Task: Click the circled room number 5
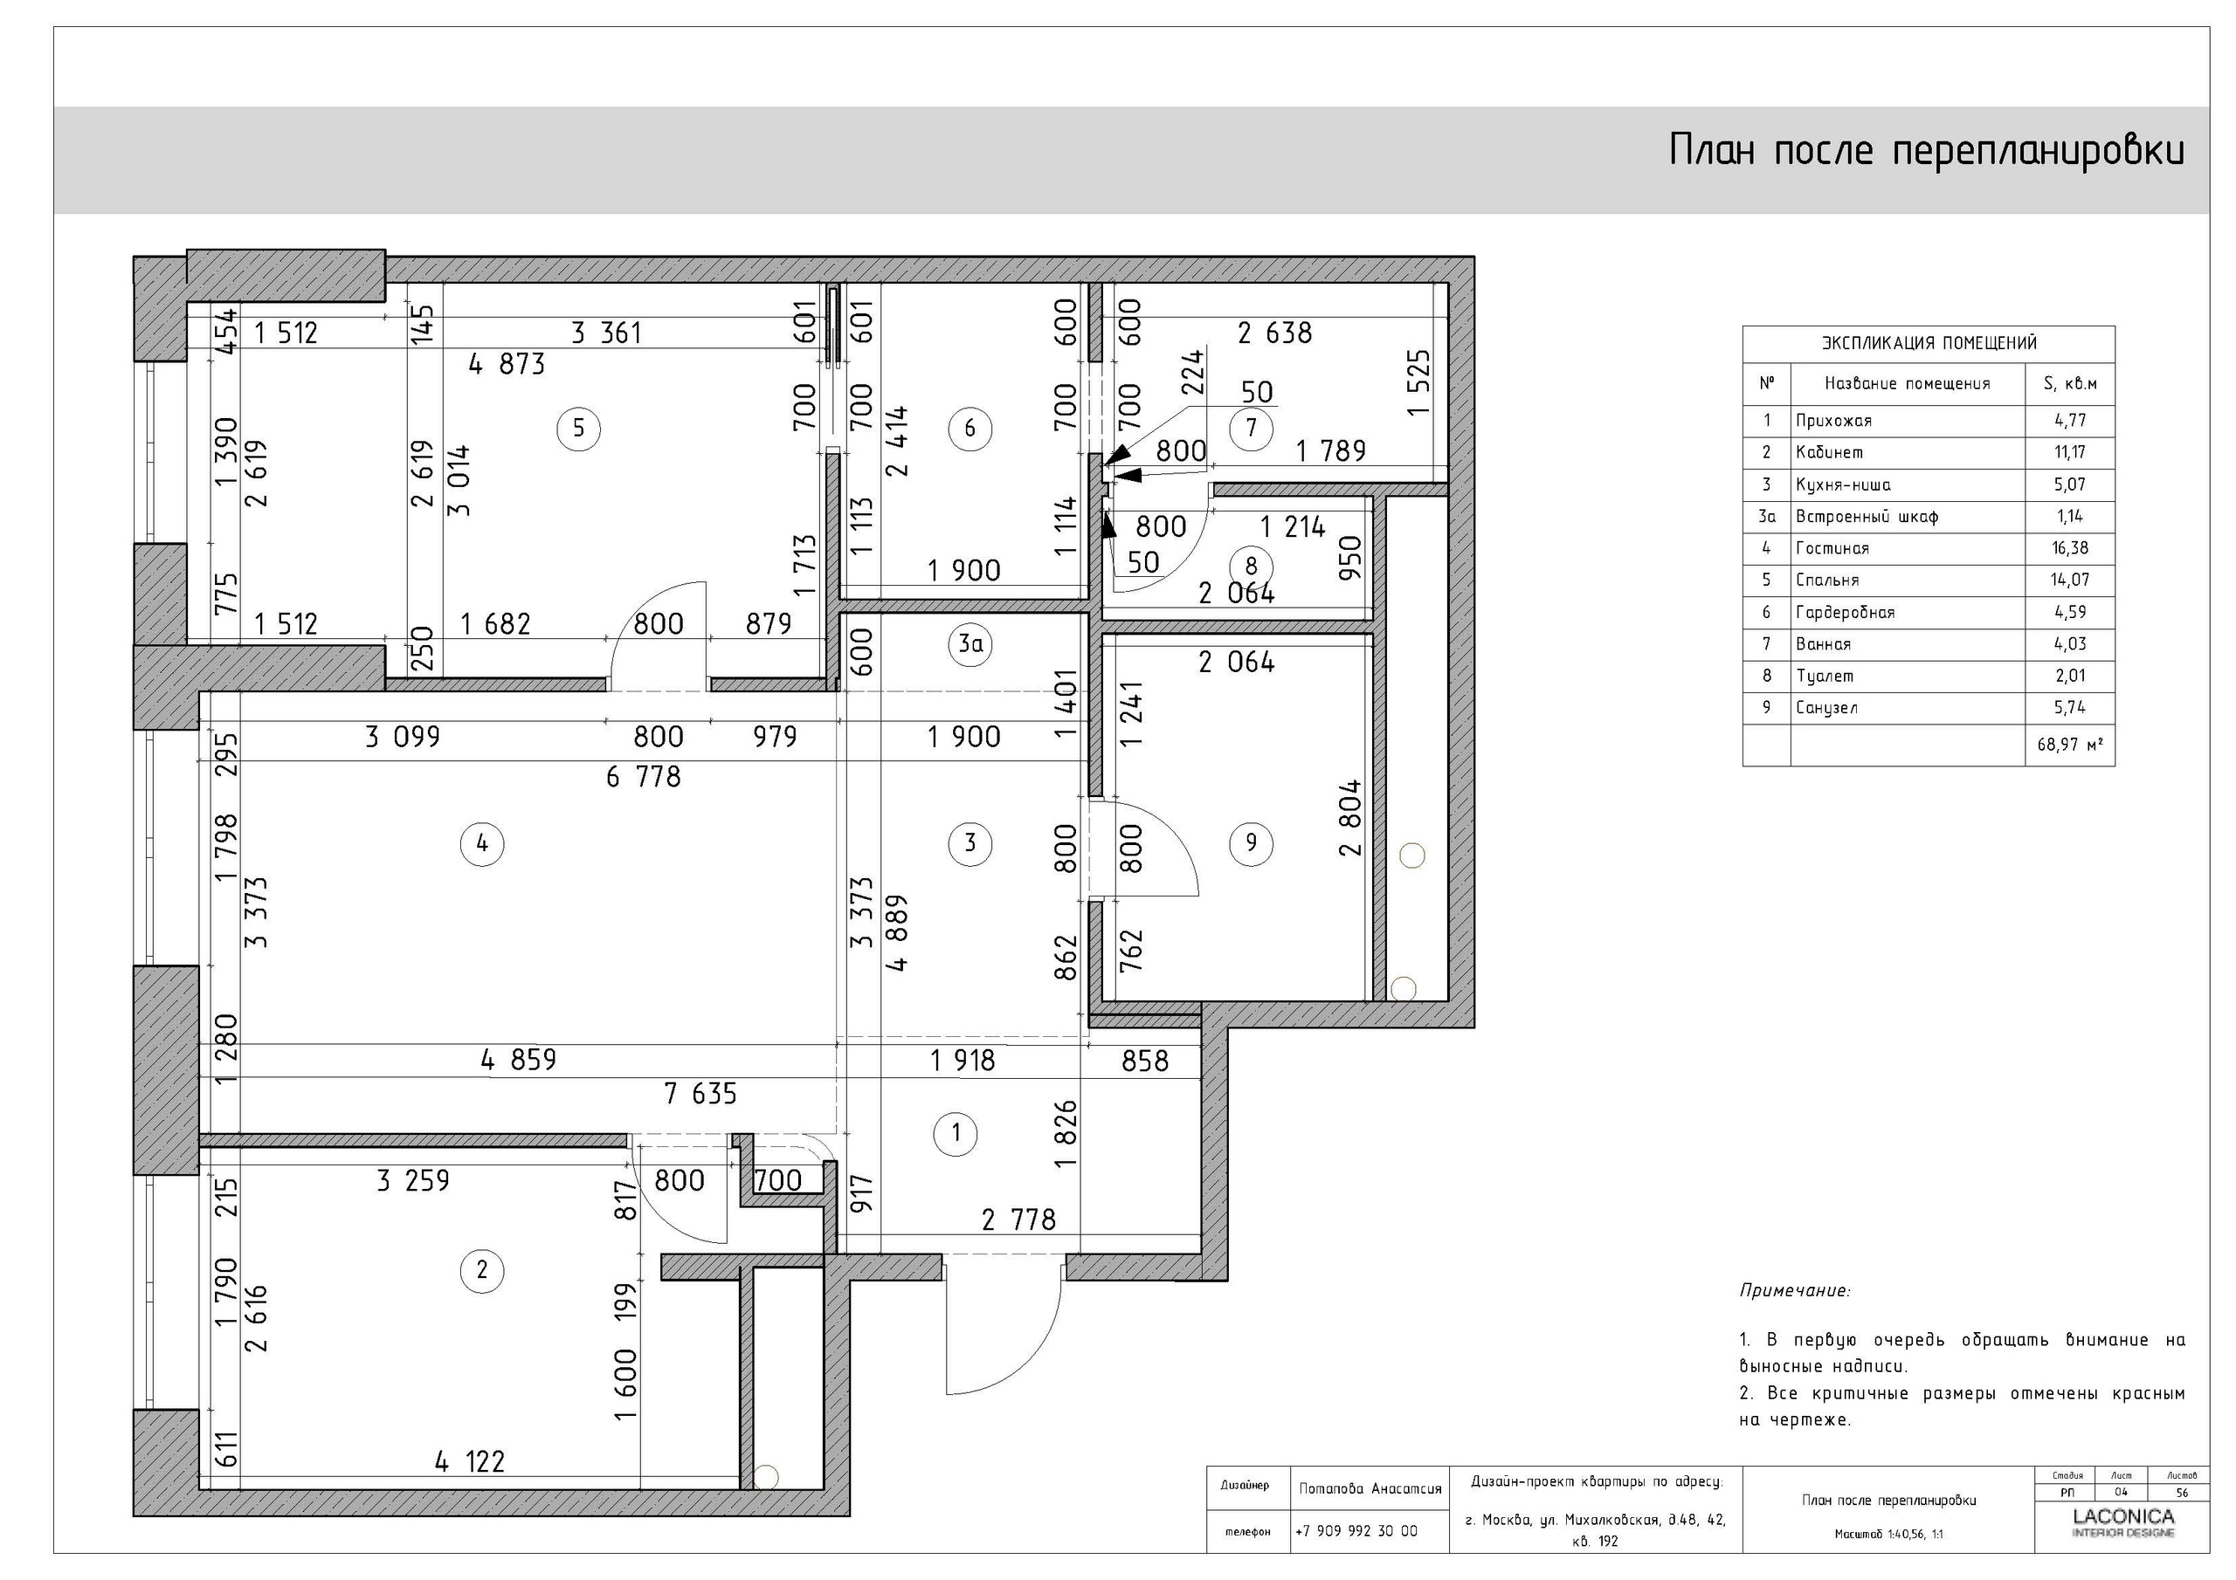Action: tap(578, 429)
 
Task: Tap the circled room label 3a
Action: tap(970, 643)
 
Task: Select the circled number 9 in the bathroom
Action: tap(1251, 842)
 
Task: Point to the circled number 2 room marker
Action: tap(481, 1269)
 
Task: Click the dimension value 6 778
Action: tap(643, 777)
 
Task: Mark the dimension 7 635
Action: tap(700, 1095)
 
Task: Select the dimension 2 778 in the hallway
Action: tap(1018, 1219)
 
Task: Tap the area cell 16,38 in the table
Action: tap(2069, 548)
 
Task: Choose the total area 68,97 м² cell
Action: tap(2069, 745)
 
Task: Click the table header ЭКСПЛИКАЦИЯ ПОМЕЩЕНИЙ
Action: tap(1928, 343)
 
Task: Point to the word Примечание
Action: tap(1794, 1291)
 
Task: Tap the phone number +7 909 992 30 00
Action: tap(1356, 1531)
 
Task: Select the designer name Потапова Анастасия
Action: tap(1370, 1488)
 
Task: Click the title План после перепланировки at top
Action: tap(1925, 151)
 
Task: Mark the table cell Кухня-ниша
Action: tap(1843, 484)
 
